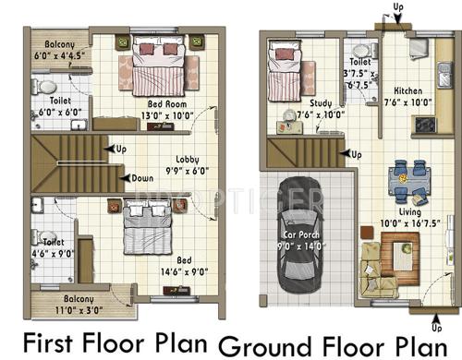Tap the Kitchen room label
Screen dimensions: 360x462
tap(407, 91)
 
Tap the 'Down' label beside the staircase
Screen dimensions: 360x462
tap(141, 178)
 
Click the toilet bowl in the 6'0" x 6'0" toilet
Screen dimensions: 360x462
tap(47, 88)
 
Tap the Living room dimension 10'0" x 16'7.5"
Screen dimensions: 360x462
tap(407, 222)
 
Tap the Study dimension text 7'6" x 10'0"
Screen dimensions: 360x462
tap(321, 114)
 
